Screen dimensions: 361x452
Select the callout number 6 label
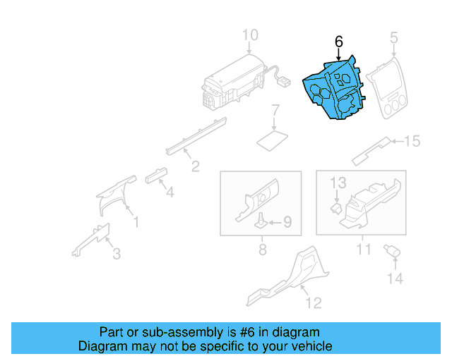[339, 42]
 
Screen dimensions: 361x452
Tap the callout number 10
[251, 35]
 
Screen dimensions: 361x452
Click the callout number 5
[394, 37]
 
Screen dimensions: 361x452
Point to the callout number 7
[276, 111]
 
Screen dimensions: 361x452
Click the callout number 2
[196, 166]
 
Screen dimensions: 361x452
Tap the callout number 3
[117, 253]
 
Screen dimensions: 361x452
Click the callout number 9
[287, 223]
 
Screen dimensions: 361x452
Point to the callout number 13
[339, 183]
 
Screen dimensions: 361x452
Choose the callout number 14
[394, 279]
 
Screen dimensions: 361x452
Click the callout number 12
[314, 303]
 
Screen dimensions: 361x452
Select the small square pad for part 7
[271, 139]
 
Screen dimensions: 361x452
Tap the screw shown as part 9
[261, 221]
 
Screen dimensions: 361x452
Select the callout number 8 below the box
[262, 249]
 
